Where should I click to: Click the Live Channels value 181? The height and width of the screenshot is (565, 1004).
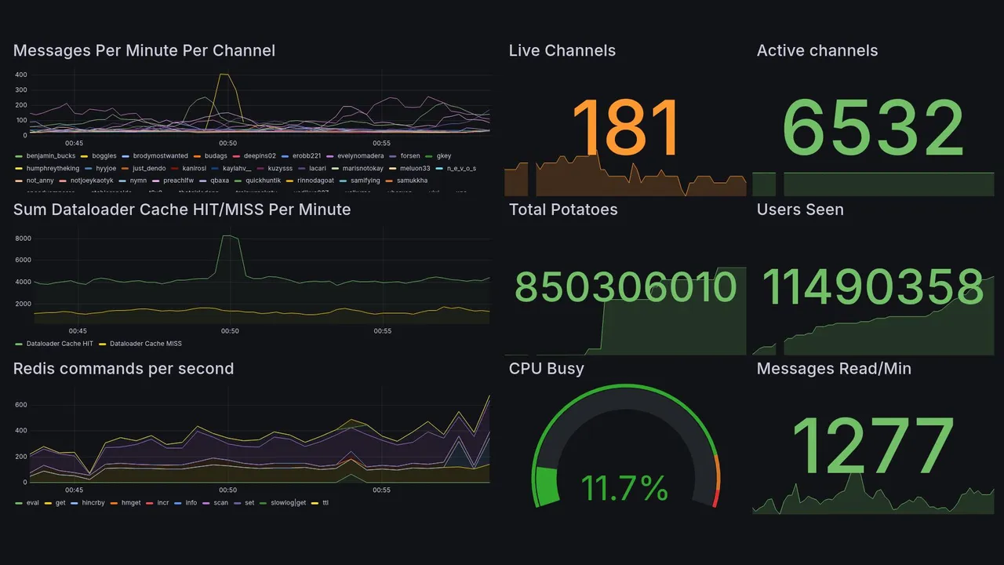625,128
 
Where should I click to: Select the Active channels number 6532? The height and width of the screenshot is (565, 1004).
873,128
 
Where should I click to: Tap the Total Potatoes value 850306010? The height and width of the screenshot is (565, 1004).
625,286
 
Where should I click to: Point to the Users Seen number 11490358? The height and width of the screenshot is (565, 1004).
873,286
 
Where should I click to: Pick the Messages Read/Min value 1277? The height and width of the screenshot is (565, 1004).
873,446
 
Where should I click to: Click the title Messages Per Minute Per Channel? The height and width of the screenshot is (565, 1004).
144,51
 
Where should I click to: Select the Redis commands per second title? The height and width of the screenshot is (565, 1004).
124,369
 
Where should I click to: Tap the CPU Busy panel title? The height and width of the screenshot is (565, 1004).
547,369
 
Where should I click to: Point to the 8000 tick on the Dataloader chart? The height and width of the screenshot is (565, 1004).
22,239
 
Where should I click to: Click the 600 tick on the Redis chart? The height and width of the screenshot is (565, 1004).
22,405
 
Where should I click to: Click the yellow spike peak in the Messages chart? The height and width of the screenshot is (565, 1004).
224,75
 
